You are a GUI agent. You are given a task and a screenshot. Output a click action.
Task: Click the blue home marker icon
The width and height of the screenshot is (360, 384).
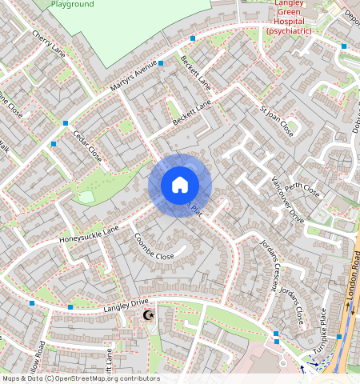click(180, 186)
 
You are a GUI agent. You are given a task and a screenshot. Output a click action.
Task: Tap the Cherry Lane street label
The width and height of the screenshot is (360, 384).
click(48, 43)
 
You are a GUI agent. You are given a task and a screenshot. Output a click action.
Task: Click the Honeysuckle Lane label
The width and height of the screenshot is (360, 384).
click(88, 234)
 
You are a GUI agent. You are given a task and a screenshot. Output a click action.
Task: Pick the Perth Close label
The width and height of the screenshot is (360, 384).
click(302, 190)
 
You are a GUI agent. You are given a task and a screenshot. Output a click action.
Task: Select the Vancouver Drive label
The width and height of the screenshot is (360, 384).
click(288, 198)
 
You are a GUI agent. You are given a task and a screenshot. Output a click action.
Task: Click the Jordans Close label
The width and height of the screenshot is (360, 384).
click(293, 304)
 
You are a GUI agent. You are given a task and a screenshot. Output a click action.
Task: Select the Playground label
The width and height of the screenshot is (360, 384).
click(71, 5)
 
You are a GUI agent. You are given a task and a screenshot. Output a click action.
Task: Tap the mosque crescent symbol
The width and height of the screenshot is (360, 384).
click(147, 316)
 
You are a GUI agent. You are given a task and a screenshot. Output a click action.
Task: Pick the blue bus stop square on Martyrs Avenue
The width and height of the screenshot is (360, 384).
click(161, 62)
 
